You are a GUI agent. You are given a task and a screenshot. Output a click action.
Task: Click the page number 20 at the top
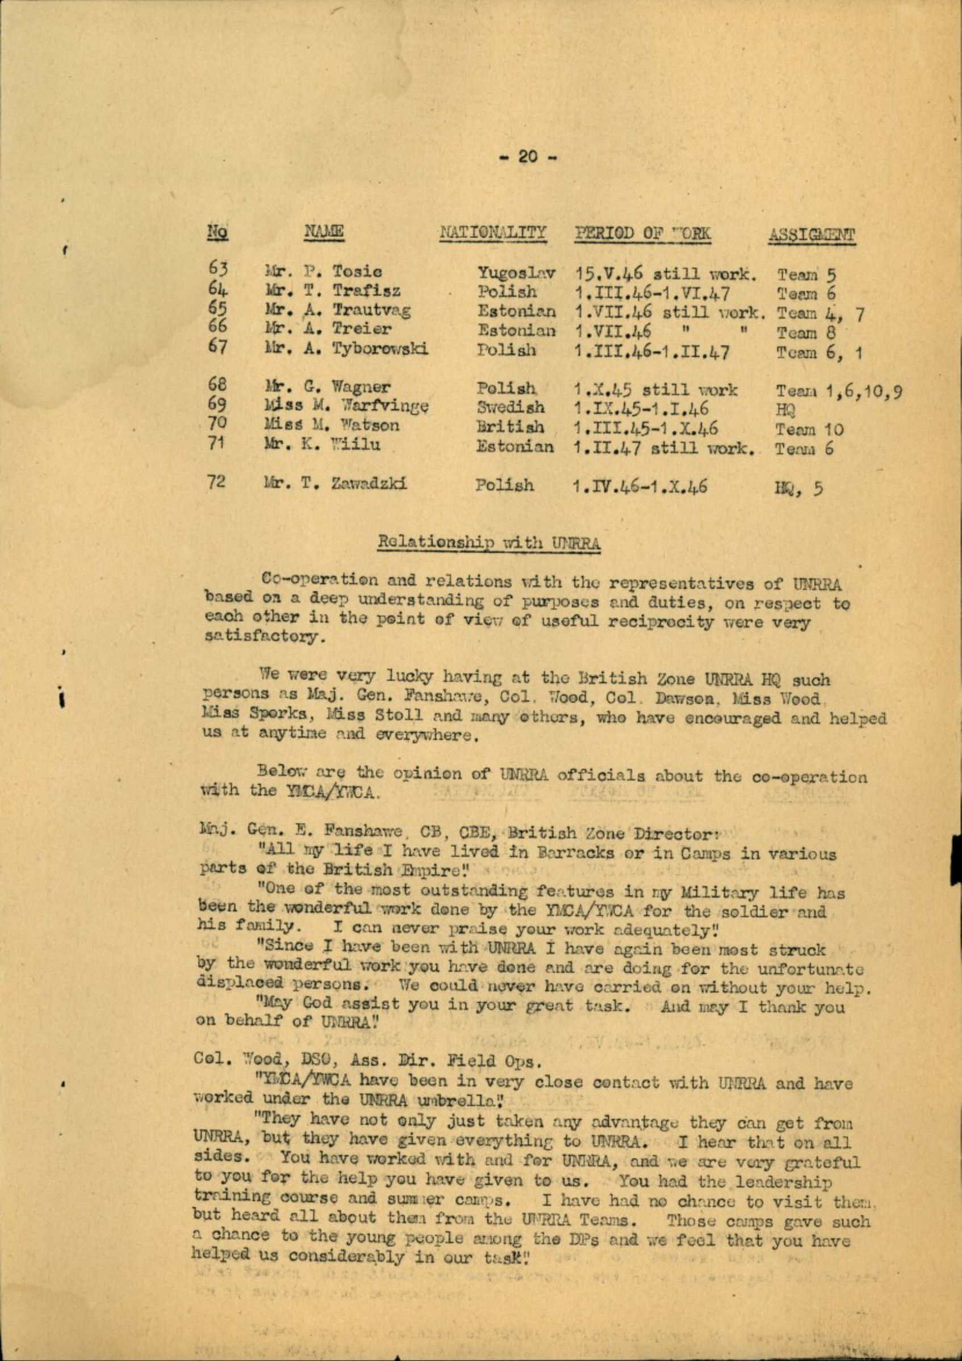click(530, 157)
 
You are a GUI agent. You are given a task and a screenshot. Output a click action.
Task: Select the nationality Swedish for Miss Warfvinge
click(511, 408)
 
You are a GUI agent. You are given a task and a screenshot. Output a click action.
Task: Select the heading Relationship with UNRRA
click(489, 543)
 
